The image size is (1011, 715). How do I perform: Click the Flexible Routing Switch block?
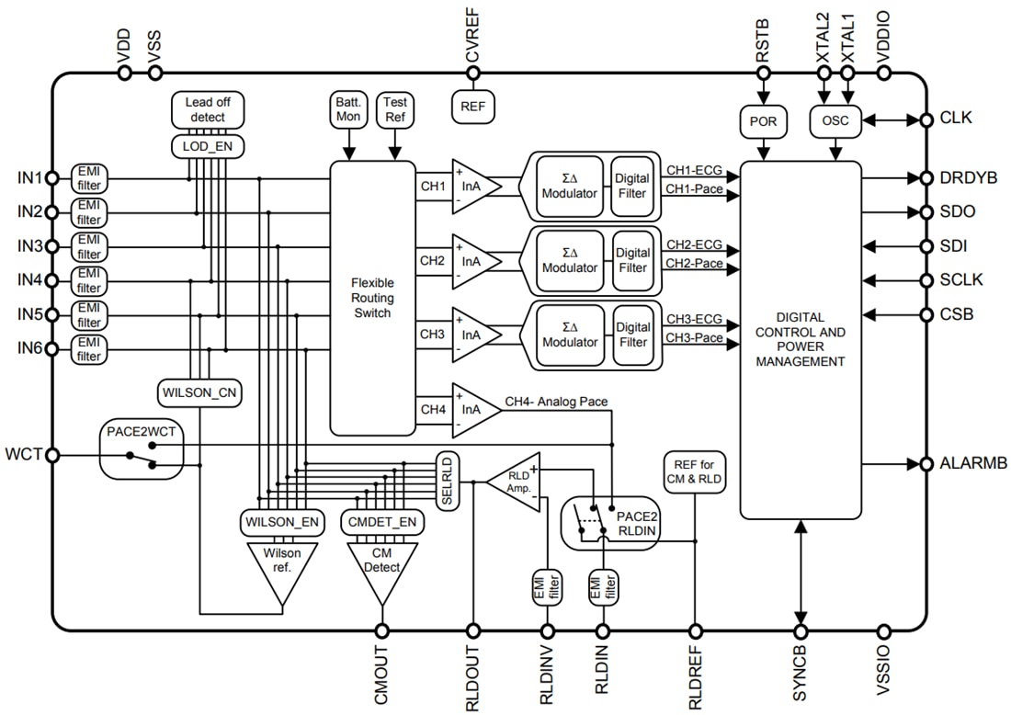pos(371,298)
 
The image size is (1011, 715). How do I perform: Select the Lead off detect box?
pos(207,110)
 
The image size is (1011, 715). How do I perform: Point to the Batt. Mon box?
pos(348,109)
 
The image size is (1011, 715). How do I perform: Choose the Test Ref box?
pos(395,109)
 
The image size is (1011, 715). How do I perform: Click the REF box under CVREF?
pos(472,106)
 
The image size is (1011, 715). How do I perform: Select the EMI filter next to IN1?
pos(89,177)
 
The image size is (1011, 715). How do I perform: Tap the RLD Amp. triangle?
pos(516,481)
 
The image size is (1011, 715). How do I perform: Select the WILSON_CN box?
pos(200,392)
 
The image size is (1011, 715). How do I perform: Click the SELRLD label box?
pos(448,481)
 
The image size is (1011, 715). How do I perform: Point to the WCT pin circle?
pos(52,455)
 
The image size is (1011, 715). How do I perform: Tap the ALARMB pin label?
pos(968,464)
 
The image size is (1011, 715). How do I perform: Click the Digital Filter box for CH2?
pos(632,260)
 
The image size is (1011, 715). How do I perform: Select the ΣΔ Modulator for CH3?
pos(570,335)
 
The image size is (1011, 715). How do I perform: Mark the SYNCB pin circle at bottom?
pos(801,631)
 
